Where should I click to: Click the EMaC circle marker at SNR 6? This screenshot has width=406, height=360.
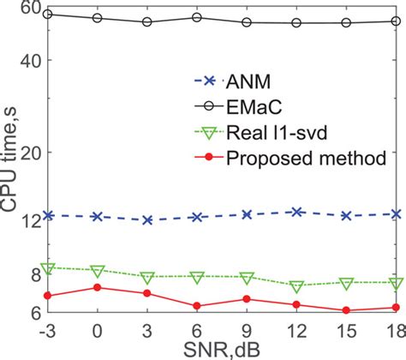(197, 17)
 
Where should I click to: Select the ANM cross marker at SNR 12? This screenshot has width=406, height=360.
(297, 211)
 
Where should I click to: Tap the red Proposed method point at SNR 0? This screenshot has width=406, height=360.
(98, 287)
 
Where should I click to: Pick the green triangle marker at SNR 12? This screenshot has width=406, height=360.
(297, 286)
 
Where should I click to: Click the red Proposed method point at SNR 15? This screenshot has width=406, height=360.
(347, 310)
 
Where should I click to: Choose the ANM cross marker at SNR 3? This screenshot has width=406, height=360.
(147, 220)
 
